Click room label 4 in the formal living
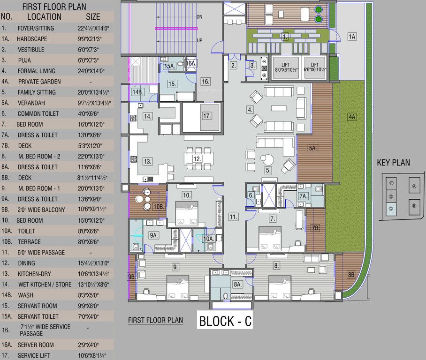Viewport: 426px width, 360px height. (x=250, y=110)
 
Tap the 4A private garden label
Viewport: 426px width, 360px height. (x=352, y=117)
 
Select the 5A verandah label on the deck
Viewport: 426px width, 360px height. (x=312, y=148)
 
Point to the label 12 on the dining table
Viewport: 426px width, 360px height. (x=197, y=159)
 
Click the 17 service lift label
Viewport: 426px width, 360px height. (x=207, y=116)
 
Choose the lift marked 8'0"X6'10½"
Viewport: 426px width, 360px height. (x=285, y=67)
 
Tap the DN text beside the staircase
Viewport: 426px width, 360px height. (x=199, y=17)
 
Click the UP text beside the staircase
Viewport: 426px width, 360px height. (x=199, y=40)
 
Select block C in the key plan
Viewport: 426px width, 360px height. (x=391, y=209)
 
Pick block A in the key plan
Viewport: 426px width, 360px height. (x=414, y=186)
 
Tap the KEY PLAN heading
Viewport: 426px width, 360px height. (x=393, y=163)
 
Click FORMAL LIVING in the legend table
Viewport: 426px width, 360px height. (x=37, y=71)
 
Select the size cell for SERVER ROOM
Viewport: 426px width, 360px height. (x=88, y=345)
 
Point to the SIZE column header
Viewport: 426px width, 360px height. (x=93, y=17)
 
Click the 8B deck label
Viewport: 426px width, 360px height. (x=351, y=275)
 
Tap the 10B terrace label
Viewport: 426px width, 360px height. (x=159, y=207)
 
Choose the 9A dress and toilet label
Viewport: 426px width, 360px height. (x=154, y=235)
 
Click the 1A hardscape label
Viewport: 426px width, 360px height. (x=352, y=37)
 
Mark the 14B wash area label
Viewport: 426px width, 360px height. (x=137, y=92)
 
